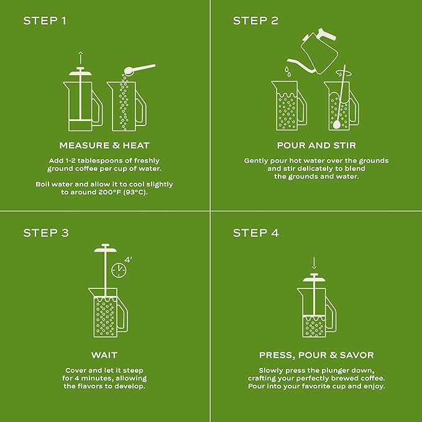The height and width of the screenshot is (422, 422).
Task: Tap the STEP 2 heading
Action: (255, 21)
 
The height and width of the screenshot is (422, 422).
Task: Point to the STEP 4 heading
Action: (255, 233)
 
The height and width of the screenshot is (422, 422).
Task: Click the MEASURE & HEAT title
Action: (104, 145)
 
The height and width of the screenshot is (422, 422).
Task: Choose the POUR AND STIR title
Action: (316, 145)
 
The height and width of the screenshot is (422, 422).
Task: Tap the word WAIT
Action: (104, 355)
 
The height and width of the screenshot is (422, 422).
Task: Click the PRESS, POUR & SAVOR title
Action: (316, 355)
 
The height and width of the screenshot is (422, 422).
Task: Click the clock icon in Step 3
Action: (117, 270)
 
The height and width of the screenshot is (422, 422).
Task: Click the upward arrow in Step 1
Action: (80, 58)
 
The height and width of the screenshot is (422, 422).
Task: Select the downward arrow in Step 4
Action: (314, 262)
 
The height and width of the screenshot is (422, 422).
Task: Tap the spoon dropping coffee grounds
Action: (140, 69)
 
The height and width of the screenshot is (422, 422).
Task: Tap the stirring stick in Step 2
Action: (339, 99)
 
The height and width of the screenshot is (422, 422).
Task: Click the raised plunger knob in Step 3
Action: (104, 248)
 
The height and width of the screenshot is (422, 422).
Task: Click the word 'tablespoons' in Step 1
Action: (100, 160)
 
